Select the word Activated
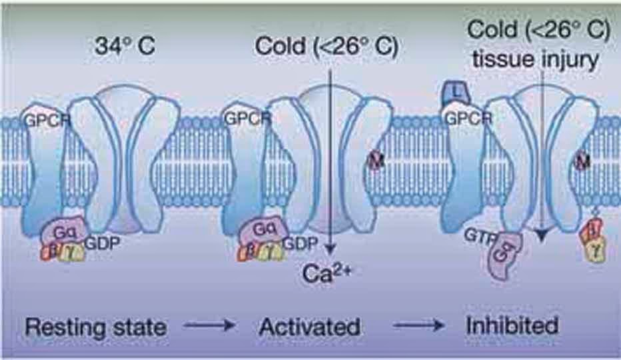309,327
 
